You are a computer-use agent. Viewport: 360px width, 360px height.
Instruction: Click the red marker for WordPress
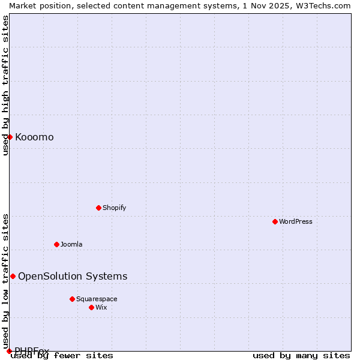pyautogui.click(x=275, y=221)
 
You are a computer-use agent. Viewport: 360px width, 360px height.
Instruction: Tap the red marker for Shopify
pyautogui.click(x=98, y=208)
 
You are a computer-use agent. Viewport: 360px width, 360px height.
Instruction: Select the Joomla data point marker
pyautogui.click(x=56, y=244)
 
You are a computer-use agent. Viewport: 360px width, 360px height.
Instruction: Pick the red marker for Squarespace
pyautogui.click(x=72, y=299)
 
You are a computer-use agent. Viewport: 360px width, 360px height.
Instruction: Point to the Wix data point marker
pyautogui.click(x=91, y=307)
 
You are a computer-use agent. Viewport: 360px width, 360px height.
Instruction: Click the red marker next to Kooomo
pyautogui.click(x=10, y=137)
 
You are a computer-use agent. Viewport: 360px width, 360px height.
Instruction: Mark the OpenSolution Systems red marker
pyautogui.click(x=13, y=276)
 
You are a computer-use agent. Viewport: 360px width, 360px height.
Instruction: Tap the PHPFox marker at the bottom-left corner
pyautogui.click(x=9, y=351)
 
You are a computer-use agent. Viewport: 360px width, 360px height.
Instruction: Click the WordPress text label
pyautogui.click(x=295, y=221)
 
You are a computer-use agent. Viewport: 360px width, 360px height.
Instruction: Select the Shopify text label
pyautogui.click(x=114, y=208)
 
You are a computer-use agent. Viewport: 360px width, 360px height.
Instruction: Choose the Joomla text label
pyautogui.click(x=71, y=244)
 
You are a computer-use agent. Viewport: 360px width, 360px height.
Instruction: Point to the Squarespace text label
pyautogui.click(x=97, y=299)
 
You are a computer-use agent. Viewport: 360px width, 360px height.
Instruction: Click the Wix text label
pyautogui.click(x=101, y=307)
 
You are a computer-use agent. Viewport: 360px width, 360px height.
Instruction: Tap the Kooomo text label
pyautogui.click(x=34, y=137)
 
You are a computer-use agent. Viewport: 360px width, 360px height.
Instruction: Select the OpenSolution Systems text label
pyautogui.click(x=73, y=276)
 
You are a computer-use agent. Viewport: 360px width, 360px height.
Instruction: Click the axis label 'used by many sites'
pyautogui.click(x=301, y=356)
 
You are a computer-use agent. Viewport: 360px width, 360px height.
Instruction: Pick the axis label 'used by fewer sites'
pyautogui.click(x=62, y=356)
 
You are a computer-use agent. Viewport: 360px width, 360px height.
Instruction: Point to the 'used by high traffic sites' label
pyautogui.click(x=5, y=85)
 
